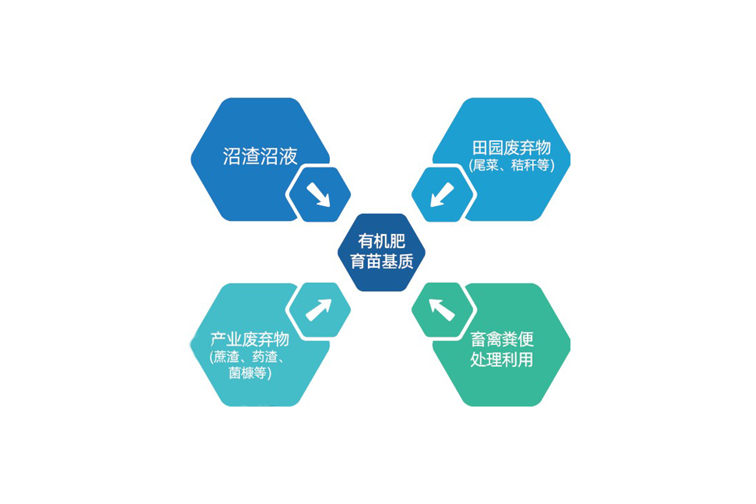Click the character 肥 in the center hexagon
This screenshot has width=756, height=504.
[x=397, y=241]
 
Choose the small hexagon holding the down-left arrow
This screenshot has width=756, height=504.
[x=442, y=194]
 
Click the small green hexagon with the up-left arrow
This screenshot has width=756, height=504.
[x=442, y=310]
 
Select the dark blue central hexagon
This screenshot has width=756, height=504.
[x=381, y=252]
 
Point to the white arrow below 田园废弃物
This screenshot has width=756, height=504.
[x=442, y=194]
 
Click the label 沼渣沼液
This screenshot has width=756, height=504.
[x=260, y=156]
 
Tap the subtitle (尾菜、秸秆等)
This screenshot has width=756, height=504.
[x=512, y=166]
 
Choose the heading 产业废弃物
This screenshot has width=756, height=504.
[x=250, y=340]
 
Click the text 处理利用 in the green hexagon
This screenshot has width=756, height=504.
[x=501, y=359]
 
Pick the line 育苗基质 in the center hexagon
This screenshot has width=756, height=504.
[x=381, y=262]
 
